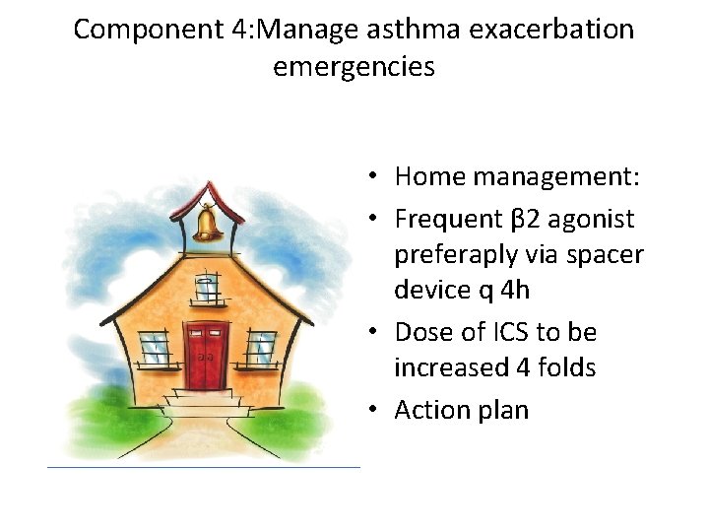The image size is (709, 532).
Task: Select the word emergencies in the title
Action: pos(354,68)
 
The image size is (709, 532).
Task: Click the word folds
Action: pos(562,367)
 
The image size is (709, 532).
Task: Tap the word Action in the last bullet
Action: pos(430,410)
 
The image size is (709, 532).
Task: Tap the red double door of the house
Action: pos(206,354)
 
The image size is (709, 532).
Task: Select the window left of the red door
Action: pos(154,347)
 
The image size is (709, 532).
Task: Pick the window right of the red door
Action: pos(261,347)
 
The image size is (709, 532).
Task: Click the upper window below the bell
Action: pos(206,288)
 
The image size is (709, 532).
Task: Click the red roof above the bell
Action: pos(208,195)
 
